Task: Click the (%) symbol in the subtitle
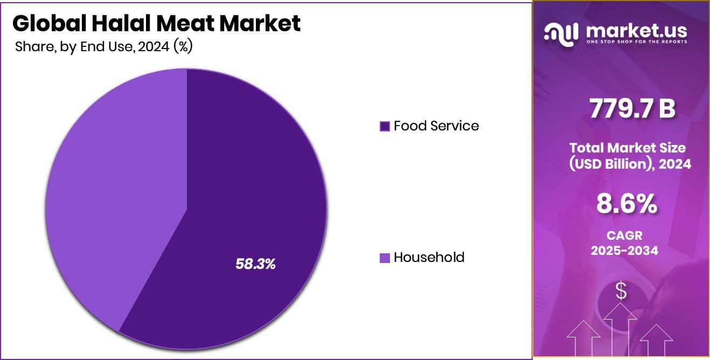pos(183,47)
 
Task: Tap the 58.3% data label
pos(255,264)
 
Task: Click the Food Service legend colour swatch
pos(385,127)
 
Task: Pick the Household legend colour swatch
pos(385,258)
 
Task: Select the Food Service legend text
pos(436,126)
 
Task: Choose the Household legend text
pos(429,258)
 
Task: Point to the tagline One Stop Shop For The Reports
pos(636,42)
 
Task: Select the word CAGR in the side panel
pos(625,236)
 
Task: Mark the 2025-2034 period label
pos(625,250)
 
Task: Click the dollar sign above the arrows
pos(621,292)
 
